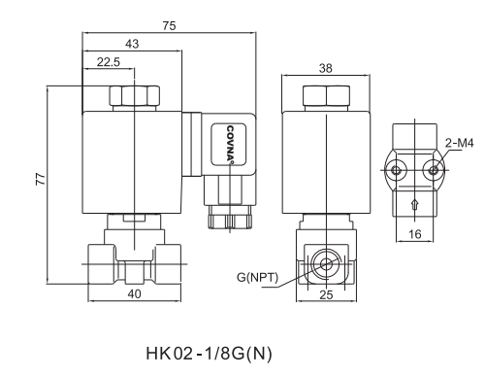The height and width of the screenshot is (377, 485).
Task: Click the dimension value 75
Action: (x=169, y=26)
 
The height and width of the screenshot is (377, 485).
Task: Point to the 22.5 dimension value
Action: (x=108, y=62)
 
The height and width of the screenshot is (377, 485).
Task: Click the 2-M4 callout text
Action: (x=459, y=144)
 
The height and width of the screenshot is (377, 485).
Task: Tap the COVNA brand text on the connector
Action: (x=232, y=142)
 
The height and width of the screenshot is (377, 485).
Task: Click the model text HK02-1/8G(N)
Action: (x=209, y=352)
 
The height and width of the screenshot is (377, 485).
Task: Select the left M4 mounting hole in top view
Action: (x=397, y=170)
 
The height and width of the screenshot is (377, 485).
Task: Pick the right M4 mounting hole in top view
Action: (x=434, y=170)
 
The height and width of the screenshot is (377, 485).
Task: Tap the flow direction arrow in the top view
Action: (x=415, y=204)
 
